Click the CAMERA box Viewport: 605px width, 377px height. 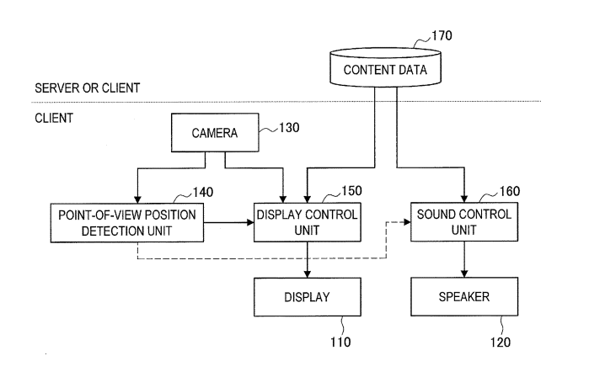coord(215,133)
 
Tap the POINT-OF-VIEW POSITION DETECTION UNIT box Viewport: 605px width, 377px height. coord(127,222)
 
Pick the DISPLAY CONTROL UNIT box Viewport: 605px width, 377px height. coord(306,222)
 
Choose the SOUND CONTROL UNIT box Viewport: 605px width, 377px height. coord(463,222)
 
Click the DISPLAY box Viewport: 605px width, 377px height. coord(306,296)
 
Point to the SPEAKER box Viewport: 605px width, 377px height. coord(463,296)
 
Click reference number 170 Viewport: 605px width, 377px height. coord(441,36)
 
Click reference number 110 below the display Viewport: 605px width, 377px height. coord(340,342)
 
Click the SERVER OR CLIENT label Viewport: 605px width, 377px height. coord(88,88)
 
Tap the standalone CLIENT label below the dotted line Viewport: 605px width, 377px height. coord(53,118)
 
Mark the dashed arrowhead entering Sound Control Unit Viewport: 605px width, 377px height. coord(405,222)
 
